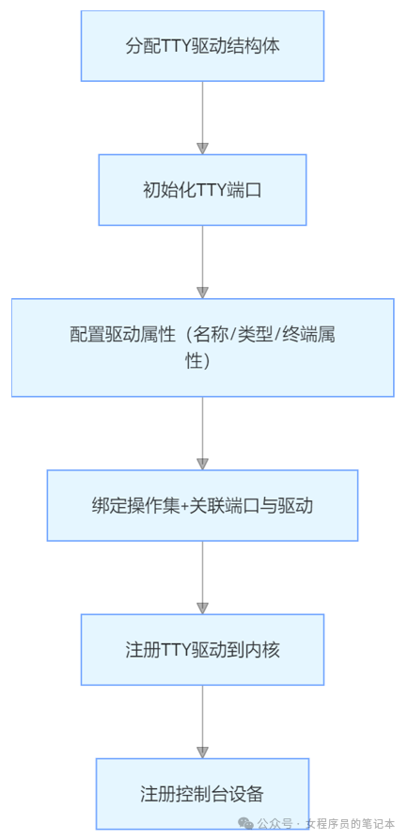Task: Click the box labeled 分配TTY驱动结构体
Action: [202, 45]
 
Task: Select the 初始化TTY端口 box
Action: [202, 189]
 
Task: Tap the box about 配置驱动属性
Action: [202, 347]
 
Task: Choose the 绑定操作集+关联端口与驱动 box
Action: [202, 505]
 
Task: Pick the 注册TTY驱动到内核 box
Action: [202, 649]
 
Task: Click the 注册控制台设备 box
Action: [202, 793]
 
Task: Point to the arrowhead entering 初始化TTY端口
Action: [202, 148]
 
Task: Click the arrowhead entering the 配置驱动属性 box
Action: [202, 292]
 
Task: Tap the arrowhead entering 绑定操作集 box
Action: [202, 463]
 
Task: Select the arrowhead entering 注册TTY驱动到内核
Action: [202, 608]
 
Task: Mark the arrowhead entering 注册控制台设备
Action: [202, 752]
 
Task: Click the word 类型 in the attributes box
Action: [250, 335]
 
